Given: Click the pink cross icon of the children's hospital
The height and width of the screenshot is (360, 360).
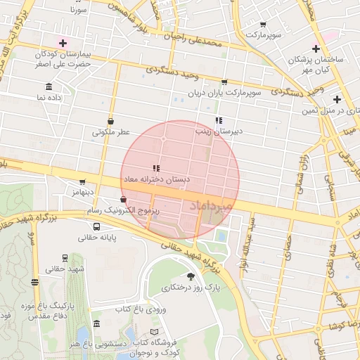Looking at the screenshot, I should tap(63, 43).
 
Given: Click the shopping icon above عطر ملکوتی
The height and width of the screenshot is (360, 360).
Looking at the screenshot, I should tap(111, 120).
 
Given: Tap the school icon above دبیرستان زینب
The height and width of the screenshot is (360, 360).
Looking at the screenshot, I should tap(219, 120).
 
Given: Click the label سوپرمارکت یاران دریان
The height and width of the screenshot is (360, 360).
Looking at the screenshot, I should tap(224, 93).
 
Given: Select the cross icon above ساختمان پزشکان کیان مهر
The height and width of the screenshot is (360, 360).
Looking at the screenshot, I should tap(316, 49).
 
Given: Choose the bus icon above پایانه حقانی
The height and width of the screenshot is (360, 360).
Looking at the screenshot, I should tap(96, 226).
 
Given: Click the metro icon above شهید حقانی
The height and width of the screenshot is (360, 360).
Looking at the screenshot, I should tap(65, 257).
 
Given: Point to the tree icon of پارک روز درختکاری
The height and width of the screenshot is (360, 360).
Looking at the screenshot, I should tap(191, 276).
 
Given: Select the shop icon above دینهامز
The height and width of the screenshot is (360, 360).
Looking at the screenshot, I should tap(82, 181).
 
